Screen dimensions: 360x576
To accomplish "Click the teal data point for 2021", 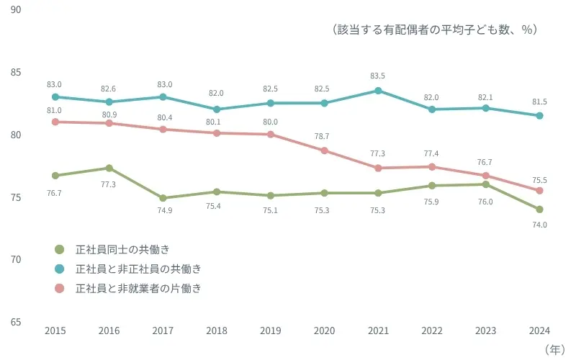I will pyautogui.click(x=378, y=91).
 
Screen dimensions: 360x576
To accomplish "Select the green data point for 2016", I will pyautogui.click(x=109, y=168).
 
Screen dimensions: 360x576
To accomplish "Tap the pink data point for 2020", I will pyautogui.click(x=324, y=150).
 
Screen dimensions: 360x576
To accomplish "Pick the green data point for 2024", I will pyautogui.click(x=539, y=210).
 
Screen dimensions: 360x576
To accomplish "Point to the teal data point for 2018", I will pyautogui.click(x=217, y=109).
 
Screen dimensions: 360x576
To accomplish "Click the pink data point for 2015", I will pyautogui.click(x=55, y=122).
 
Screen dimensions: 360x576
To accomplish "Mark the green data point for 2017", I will pyautogui.click(x=163, y=198).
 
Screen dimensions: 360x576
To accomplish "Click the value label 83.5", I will pyautogui.click(x=378, y=76).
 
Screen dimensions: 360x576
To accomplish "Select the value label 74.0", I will pyautogui.click(x=539, y=225).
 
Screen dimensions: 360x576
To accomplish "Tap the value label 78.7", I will pyautogui.click(x=324, y=135).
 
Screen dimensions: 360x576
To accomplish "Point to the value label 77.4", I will pyautogui.click(x=431, y=153).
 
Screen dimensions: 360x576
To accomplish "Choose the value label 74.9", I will pyautogui.click(x=163, y=213).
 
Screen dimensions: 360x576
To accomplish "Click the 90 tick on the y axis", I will pyautogui.click(x=16, y=10).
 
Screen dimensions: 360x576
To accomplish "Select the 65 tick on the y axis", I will pyautogui.click(x=16, y=322).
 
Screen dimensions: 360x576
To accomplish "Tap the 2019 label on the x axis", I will pyautogui.click(x=270, y=330).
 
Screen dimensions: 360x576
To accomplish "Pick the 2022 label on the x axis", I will pyautogui.click(x=431, y=330).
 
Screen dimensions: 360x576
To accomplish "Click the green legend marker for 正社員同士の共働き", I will pyautogui.click(x=60, y=250).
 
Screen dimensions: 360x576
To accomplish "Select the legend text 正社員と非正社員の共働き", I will pyautogui.click(x=138, y=269).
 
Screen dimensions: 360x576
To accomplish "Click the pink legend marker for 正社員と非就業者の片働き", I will pyautogui.click(x=60, y=289).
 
